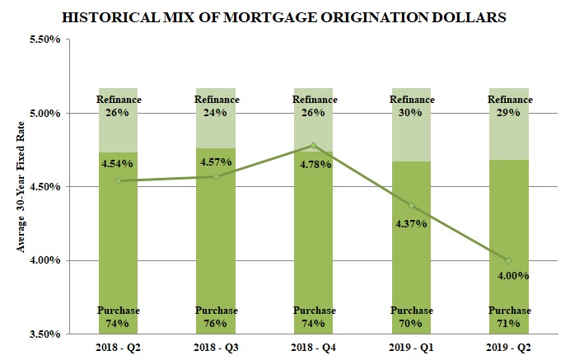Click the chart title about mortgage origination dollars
click(287, 16)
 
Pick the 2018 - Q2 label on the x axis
click(118, 348)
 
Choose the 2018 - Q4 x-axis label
click(313, 348)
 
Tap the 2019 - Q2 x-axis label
click(508, 348)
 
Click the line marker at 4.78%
click(313, 146)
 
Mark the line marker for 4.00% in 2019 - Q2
click(508, 260)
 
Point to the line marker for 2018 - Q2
click(118, 181)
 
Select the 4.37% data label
click(411, 223)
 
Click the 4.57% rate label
click(216, 162)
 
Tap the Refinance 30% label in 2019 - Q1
click(411, 106)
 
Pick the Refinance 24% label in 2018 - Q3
click(216, 106)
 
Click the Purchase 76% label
click(216, 317)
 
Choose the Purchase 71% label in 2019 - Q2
click(508, 317)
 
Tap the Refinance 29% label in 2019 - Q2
click(508, 106)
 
